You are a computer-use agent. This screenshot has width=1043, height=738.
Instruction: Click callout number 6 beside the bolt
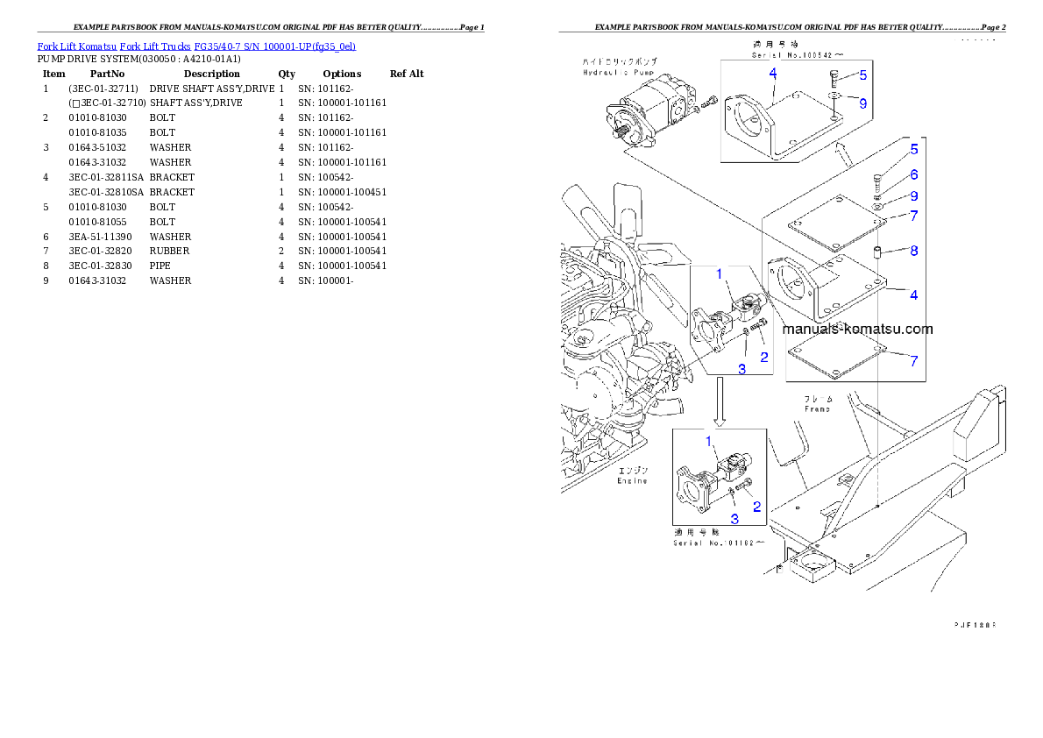click(913, 175)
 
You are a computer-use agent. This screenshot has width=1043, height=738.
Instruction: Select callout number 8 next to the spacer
click(913, 251)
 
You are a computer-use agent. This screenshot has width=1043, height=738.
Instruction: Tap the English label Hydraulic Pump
click(620, 73)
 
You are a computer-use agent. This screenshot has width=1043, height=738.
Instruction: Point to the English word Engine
click(631, 480)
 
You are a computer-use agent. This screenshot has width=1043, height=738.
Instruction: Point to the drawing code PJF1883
click(975, 625)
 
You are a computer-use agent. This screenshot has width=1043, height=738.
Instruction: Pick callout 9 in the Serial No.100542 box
click(862, 103)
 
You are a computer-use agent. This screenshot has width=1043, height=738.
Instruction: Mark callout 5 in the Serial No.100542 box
click(862, 75)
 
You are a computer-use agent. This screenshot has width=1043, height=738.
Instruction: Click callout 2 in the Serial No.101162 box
click(756, 506)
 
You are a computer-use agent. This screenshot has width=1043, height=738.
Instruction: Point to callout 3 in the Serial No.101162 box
click(734, 519)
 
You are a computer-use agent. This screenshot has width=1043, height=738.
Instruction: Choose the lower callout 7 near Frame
click(913, 360)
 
